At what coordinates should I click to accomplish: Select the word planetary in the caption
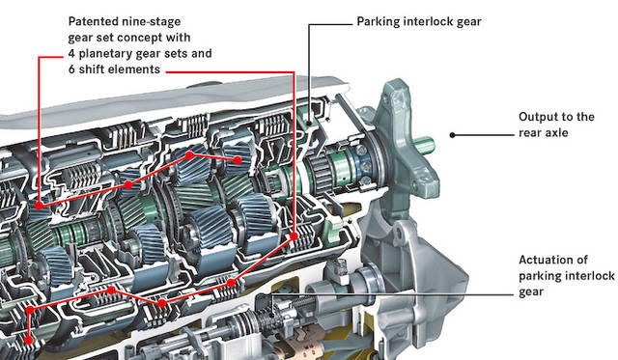click(103, 54)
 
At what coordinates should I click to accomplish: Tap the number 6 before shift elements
click(71, 69)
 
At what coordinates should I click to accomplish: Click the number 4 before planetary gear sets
click(71, 53)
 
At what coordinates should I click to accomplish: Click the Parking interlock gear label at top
click(419, 21)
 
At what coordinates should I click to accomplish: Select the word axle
click(556, 133)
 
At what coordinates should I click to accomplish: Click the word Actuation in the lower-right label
click(553, 260)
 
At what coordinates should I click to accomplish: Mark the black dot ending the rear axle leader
click(452, 135)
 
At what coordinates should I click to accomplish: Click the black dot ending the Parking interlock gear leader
click(310, 124)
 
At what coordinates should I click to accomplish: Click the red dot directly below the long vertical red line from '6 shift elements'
click(294, 235)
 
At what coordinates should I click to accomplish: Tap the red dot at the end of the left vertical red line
click(39, 206)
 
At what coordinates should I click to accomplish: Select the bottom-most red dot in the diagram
click(28, 340)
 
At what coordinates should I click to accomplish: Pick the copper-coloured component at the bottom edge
click(300, 346)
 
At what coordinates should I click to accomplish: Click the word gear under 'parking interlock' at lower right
click(531, 292)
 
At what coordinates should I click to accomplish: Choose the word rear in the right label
click(530, 133)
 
